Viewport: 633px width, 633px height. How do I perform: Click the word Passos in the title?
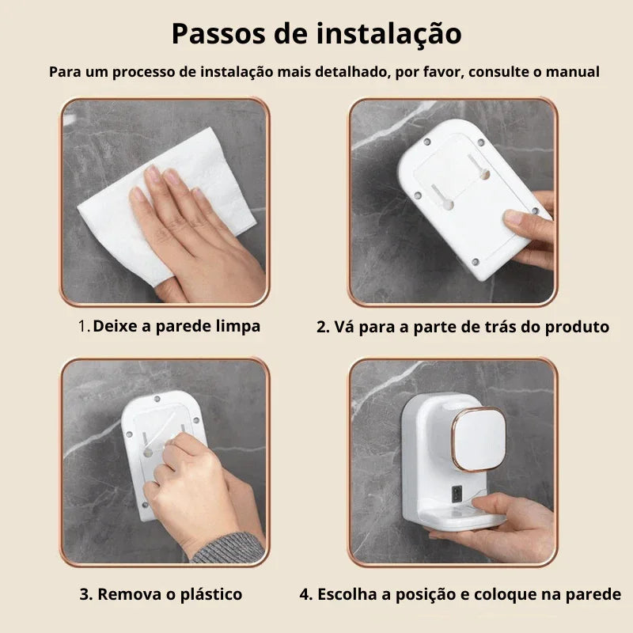[219, 34]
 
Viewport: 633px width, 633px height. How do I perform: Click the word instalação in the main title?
[389, 35]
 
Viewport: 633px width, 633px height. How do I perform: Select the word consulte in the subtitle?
[499, 72]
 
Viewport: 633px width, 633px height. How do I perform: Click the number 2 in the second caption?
[321, 327]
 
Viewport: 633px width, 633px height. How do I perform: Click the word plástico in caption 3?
[211, 594]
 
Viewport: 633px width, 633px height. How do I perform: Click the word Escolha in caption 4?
[347, 594]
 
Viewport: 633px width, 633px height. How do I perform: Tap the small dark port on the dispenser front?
[457, 494]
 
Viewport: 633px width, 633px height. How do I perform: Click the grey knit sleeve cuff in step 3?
[229, 548]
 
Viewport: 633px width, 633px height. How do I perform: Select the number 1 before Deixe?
[83, 326]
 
